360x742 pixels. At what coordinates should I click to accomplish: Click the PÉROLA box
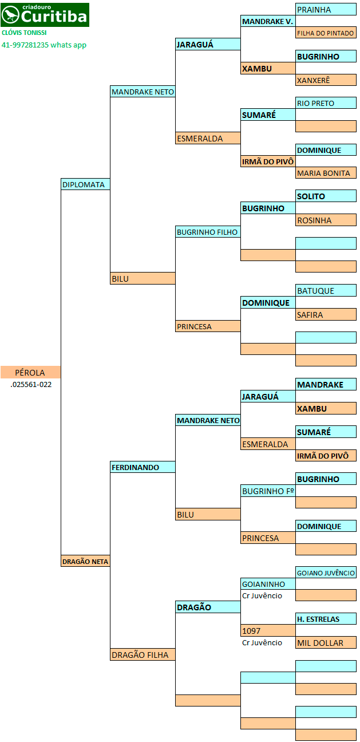click(30, 372)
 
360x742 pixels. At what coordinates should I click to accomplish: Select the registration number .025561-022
click(31, 385)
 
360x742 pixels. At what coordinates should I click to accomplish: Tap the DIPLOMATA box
click(85, 184)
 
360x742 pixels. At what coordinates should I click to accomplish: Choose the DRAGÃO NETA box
click(85, 561)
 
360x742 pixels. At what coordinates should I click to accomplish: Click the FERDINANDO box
click(143, 467)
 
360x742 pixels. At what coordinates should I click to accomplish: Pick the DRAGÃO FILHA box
click(143, 654)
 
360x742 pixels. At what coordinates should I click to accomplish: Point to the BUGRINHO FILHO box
click(208, 232)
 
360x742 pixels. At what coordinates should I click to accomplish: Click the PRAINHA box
click(326, 9)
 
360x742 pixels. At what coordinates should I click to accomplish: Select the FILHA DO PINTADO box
click(326, 33)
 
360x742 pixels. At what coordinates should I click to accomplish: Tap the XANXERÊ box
click(326, 80)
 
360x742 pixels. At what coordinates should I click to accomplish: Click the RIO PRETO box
click(326, 103)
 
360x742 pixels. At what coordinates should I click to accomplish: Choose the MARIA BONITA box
click(326, 172)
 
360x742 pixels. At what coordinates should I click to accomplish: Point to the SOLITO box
click(326, 196)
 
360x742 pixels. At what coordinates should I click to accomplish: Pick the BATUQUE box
click(326, 290)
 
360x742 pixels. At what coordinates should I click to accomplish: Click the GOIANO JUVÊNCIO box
click(326, 573)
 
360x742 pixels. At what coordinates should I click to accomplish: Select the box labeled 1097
click(268, 631)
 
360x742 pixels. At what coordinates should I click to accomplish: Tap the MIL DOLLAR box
click(326, 643)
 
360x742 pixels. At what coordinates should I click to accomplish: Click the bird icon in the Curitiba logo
click(10, 15)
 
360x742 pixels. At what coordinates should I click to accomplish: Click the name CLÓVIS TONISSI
click(24, 33)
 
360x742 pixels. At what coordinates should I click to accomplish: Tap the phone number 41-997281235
click(25, 45)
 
